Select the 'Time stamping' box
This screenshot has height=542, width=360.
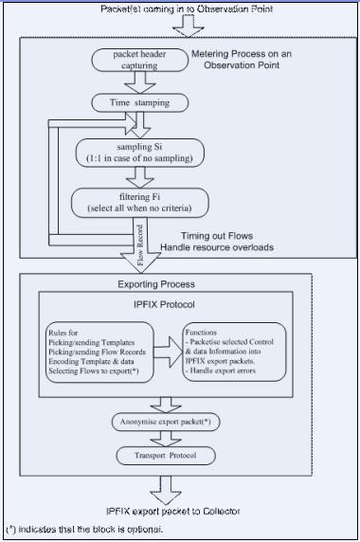click(x=138, y=102)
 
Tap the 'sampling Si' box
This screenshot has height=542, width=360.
click(x=138, y=153)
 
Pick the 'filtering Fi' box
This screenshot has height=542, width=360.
click(x=138, y=199)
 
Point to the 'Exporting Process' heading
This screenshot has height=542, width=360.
click(x=156, y=284)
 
